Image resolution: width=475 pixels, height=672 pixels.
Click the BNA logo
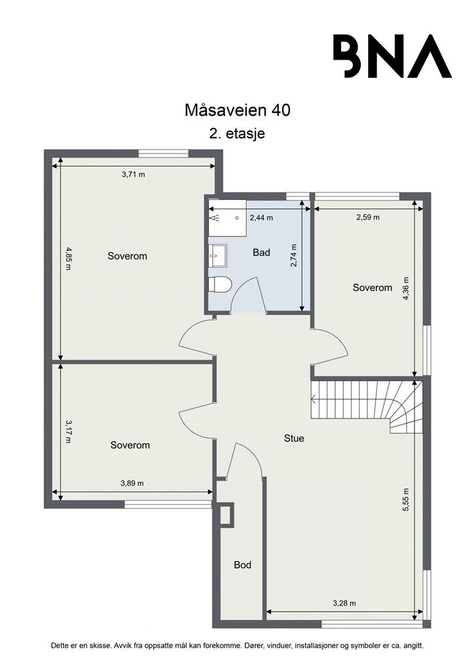[392, 56]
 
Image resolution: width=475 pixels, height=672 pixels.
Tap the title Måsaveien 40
[237, 110]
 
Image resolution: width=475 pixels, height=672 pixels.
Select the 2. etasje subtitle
[237, 133]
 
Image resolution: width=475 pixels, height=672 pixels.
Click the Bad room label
[261, 253]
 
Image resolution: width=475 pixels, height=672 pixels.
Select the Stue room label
[295, 438]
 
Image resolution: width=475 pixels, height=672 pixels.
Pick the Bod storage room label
[243, 565]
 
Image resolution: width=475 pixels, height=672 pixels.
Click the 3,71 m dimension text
[134, 175]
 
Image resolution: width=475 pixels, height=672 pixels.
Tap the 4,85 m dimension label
[68, 258]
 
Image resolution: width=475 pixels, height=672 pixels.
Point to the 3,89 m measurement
[132, 483]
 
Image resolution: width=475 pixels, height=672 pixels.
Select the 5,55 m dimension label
[406, 499]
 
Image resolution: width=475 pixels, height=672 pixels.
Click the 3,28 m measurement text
[344, 603]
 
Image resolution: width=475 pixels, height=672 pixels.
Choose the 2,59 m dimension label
[368, 217]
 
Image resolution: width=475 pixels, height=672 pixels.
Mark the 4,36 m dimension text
[406, 289]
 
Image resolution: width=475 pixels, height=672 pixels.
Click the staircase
[367, 406]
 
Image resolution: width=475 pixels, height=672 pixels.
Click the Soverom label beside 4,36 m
[372, 287]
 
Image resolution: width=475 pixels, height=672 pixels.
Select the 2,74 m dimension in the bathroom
[294, 255]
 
